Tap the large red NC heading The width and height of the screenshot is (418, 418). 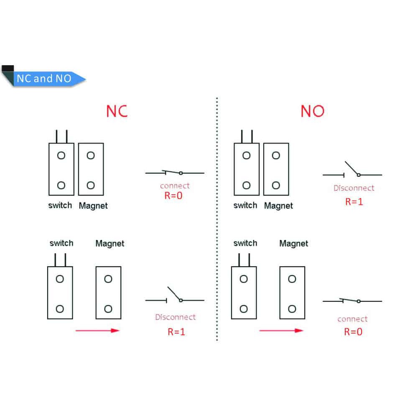pyautogui.click(x=117, y=111)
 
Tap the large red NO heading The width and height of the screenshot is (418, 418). pyautogui.click(x=312, y=111)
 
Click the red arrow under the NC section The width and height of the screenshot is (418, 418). pyautogui.click(x=97, y=331)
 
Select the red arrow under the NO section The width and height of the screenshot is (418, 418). pyautogui.click(x=281, y=330)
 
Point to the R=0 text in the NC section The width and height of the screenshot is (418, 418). pyautogui.click(x=174, y=195)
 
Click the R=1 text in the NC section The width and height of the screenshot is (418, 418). pyautogui.click(x=176, y=332)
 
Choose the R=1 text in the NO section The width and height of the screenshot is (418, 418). pyautogui.click(x=354, y=201)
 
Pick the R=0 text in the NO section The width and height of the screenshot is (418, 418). pyautogui.click(x=353, y=332)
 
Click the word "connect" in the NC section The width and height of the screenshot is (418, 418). pyautogui.click(x=175, y=186)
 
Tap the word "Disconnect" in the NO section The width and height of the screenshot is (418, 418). pyautogui.click(x=354, y=188)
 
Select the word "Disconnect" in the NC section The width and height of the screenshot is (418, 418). pyautogui.click(x=175, y=317)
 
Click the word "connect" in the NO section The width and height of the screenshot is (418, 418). pyautogui.click(x=352, y=319)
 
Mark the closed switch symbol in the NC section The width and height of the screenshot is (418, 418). pyautogui.click(x=174, y=173)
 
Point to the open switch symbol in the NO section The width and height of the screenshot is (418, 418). pyautogui.click(x=352, y=171)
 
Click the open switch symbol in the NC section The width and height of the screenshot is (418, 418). pyautogui.click(x=175, y=296)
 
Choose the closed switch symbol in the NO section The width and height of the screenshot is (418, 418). pyautogui.click(x=352, y=301)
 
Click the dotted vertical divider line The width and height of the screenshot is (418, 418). pyautogui.click(x=217, y=217)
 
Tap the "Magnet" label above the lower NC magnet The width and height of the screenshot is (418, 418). pyautogui.click(x=110, y=243)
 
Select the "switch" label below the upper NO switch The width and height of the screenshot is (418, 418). pyautogui.click(x=245, y=205)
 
